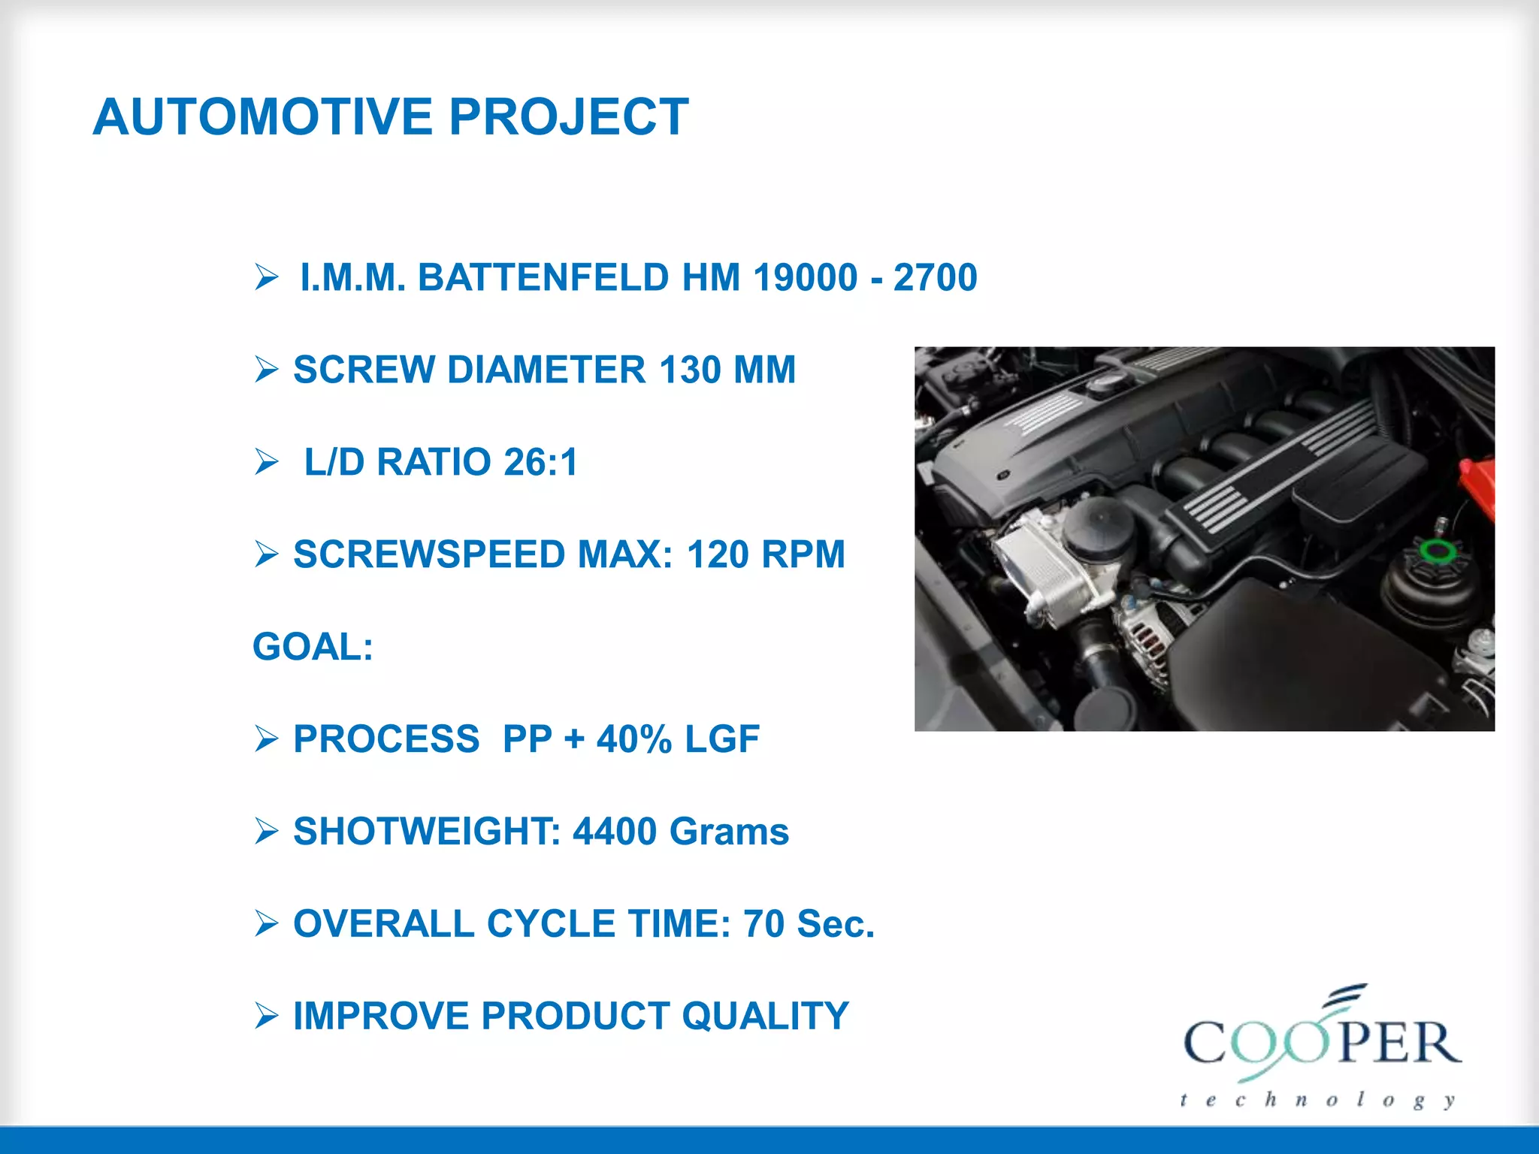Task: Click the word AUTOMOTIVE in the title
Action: point(262,117)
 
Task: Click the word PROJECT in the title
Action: point(568,117)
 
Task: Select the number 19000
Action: point(805,277)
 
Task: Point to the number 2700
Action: point(935,277)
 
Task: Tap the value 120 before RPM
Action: point(718,554)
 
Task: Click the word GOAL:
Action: point(313,647)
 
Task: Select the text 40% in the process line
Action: point(634,739)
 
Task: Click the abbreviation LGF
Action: point(721,739)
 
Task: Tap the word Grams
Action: point(729,832)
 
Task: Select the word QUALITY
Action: point(765,1016)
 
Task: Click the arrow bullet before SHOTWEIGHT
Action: point(266,832)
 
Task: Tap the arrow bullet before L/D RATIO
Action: point(266,461)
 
